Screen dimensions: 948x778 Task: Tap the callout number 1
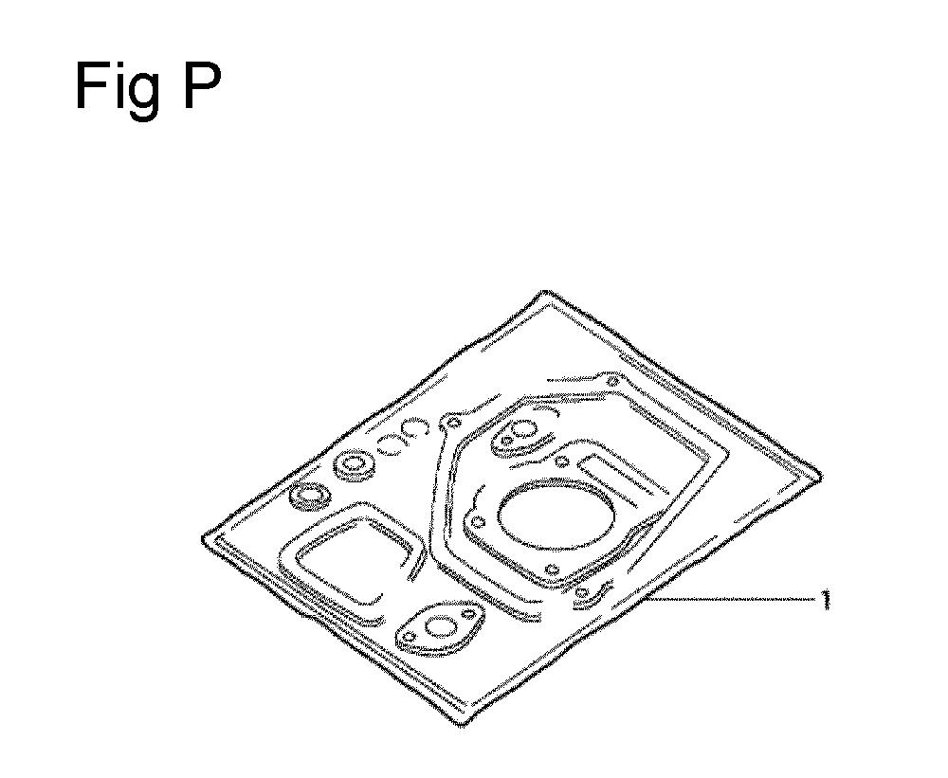pyautogui.click(x=826, y=599)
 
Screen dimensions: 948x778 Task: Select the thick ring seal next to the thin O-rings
pyautogui.click(x=353, y=464)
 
